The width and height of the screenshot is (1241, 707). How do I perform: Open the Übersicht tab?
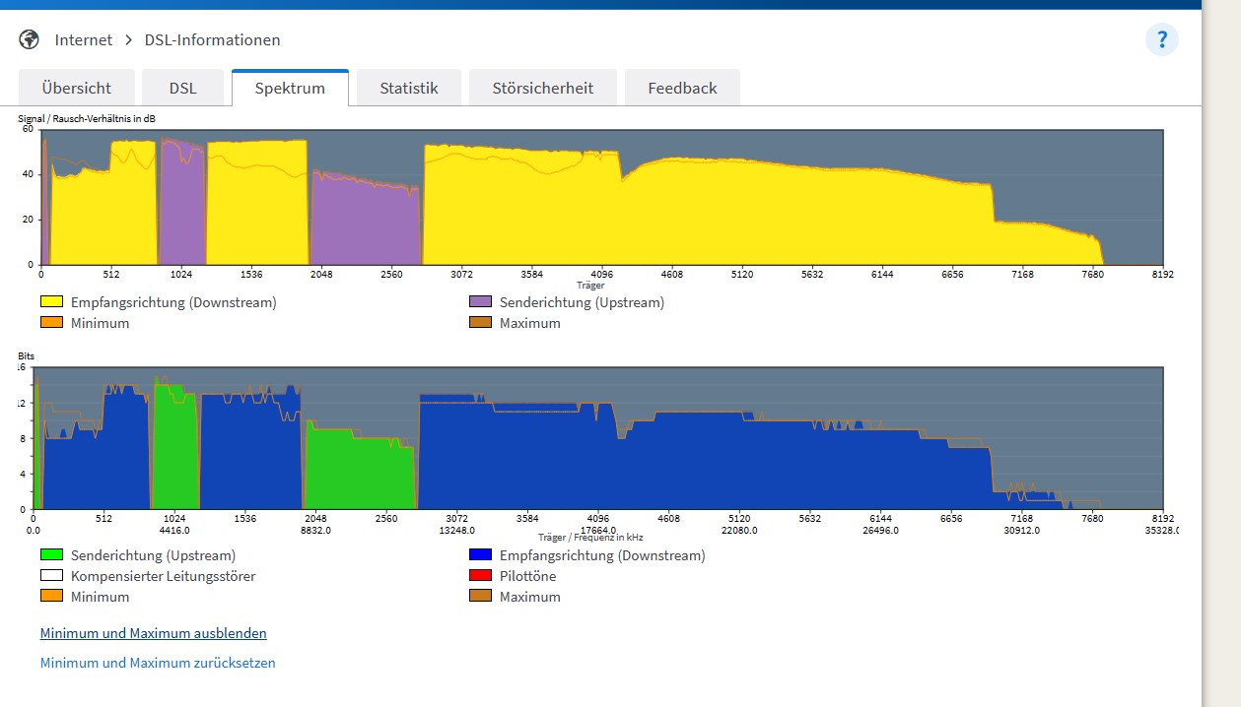point(77,88)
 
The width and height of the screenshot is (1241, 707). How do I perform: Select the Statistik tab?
point(409,88)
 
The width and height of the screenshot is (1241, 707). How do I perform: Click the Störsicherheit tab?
point(543,88)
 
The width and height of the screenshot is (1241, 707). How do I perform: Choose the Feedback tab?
point(682,88)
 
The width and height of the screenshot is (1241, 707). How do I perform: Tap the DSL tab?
point(182,88)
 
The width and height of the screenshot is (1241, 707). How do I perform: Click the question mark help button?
point(1162,39)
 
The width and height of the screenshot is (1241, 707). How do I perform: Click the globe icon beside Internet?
point(29,39)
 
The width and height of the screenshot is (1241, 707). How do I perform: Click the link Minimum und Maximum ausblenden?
point(154,633)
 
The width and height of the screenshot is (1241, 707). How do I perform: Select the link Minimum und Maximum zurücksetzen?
point(158,663)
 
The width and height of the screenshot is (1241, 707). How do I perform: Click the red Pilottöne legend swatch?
point(480,575)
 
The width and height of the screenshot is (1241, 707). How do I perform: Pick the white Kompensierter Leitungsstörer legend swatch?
point(51,575)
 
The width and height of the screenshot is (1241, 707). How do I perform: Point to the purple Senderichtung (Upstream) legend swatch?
point(480,301)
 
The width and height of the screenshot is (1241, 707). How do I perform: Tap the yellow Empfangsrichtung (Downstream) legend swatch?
point(51,301)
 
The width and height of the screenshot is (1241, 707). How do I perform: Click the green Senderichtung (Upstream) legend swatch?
point(51,554)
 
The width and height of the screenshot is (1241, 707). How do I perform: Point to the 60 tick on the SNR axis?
point(28,129)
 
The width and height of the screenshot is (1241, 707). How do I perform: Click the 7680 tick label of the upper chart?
point(1092,274)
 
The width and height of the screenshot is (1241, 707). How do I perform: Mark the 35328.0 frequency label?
point(1162,531)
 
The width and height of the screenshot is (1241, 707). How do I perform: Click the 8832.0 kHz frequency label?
point(315,531)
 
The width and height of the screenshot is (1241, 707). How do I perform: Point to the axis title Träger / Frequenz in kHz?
point(590,537)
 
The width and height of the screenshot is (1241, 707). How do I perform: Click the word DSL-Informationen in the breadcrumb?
point(212,39)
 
